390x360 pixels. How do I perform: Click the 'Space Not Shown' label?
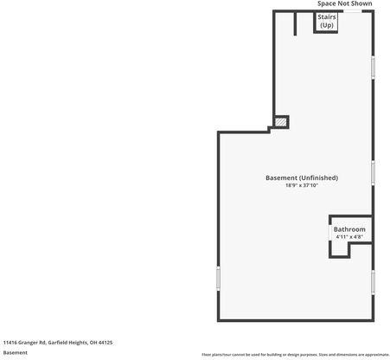pos(344,4)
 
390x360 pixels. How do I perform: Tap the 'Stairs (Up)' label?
pos(327,21)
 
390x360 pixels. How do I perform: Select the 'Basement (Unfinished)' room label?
pos(301,177)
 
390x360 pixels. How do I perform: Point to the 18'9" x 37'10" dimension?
pos(301,185)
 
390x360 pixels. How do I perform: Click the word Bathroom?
pos(349,229)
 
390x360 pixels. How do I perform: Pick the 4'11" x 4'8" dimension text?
pos(349,237)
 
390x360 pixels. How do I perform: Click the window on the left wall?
pos(218,278)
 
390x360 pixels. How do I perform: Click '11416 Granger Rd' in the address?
pos(23,343)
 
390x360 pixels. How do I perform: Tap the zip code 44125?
pos(105,343)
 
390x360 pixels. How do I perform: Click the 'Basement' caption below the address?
pos(15,353)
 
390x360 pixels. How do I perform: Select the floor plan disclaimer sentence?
pos(295,355)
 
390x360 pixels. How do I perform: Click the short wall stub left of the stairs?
pos(296,23)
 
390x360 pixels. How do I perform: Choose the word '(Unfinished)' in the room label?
pos(318,177)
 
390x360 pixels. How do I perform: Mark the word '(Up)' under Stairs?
pos(327,25)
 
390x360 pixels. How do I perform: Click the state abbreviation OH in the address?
pos(93,343)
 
